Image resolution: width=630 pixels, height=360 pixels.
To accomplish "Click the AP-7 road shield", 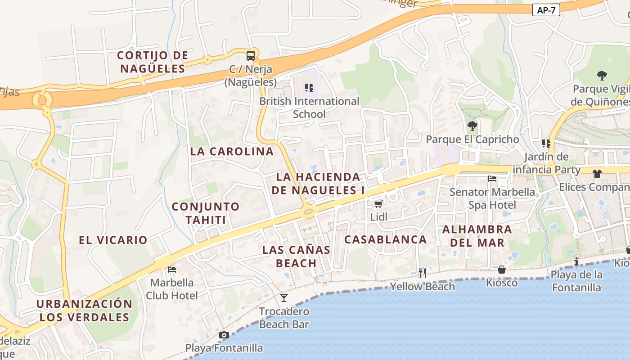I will (x=546, y=10).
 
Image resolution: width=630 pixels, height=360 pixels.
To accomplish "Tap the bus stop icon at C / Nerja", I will (x=251, y=56).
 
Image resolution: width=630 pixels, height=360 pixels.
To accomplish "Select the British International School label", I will (x=309, y=108).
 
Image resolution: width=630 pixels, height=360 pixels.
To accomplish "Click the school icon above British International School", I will (x=309, y=87).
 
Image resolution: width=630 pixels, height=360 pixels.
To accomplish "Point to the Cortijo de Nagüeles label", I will (x=153, y=62).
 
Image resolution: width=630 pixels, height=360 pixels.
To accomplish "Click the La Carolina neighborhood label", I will (x=232, y=152).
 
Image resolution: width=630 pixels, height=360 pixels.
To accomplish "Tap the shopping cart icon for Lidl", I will (x=378, y=204).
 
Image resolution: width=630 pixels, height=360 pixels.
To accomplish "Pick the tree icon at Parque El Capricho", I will (x=472, y=126).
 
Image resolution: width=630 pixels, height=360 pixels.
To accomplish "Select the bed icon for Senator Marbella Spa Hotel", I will (x=492, y=179).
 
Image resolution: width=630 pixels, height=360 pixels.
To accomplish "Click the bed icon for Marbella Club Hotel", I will (x=171, y=270).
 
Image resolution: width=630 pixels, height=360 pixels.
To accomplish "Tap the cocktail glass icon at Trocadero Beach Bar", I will (x=284, y=297).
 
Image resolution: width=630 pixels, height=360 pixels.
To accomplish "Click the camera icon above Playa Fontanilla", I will (x=224, y=335).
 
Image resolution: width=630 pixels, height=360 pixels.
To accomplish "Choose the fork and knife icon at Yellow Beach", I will (x=422, y=273).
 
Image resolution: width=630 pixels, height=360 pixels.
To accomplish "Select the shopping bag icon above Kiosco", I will (x=502, y=270).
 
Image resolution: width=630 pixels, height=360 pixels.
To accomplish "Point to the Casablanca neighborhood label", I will (x=385, y=239).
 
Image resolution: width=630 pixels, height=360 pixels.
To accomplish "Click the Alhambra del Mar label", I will (x=477, y=236).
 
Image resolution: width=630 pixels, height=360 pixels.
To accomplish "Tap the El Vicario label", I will (x=113, y=240).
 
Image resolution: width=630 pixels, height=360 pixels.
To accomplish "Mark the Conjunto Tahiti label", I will (x=206, y=213).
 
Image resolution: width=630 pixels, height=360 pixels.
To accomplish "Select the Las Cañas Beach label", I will (x=296, y=256).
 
